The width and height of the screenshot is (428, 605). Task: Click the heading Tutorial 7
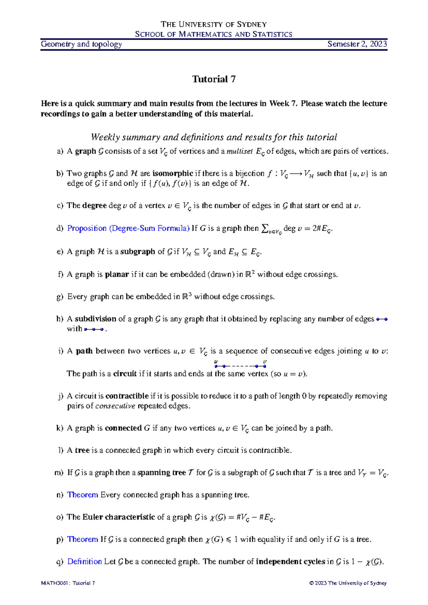(x=214, y=79)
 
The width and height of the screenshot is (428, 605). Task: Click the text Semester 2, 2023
(x=357, y=44)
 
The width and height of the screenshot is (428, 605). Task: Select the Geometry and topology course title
(x=81, y=44)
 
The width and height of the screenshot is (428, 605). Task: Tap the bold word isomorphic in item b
(x=173, y=174)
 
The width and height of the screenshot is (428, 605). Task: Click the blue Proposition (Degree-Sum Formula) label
(x=128, y=228)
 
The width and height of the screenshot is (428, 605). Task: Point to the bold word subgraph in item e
(x=138, y=252)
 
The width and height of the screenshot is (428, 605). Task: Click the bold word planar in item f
(x=117, y=275)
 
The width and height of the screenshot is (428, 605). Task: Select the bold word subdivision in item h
(x=95, y=319)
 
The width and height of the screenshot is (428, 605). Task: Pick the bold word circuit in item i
(x=125, y=374)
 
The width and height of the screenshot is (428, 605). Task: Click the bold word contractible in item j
(x=127, y=396)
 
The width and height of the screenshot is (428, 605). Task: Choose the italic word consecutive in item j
(x=116, y=406)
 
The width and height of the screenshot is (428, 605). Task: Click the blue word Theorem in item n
(x=82, y=495)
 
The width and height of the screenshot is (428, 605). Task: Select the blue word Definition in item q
(x=85, y=561)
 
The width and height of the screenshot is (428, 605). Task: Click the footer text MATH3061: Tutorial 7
(x=68, y=583)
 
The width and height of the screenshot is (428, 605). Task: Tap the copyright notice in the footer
(x=348, y=583)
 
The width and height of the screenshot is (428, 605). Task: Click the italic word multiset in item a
(x=239, y=151)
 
